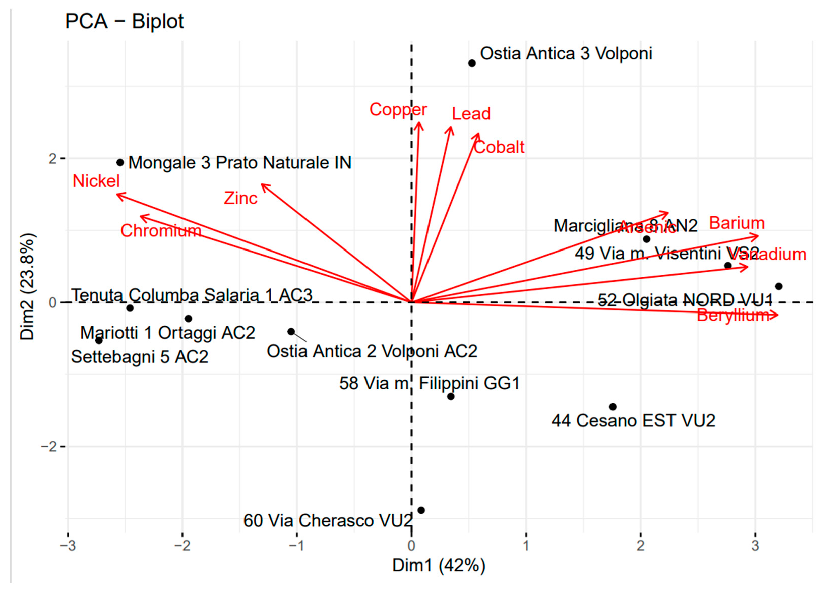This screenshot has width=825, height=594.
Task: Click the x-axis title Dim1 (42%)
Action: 438,566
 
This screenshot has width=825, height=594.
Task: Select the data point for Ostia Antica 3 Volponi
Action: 472,63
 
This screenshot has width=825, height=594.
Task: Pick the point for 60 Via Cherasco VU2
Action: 421,510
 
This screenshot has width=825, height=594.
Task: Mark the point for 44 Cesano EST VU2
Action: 613,407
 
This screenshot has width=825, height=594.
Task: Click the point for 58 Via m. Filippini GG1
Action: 451,396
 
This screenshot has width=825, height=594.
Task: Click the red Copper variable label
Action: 398,109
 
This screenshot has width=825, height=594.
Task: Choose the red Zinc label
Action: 240,198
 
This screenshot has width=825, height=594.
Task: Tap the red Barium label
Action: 737,223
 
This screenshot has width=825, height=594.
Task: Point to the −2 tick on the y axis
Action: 51,446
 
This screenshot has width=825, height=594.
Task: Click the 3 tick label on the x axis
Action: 755,546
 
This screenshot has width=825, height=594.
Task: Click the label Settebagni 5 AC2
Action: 139,357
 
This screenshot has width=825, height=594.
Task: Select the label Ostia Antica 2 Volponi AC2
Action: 372,351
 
